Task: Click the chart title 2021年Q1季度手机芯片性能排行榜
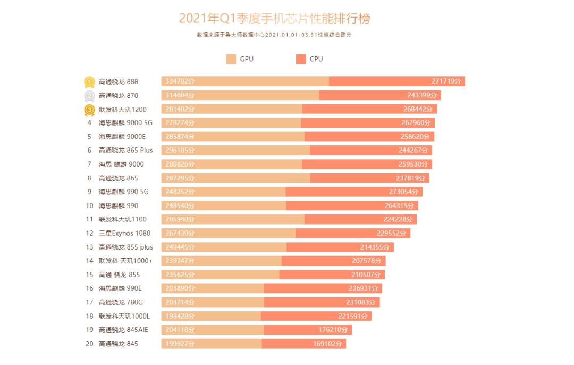click(274, 19)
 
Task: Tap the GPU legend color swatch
click(231, 59)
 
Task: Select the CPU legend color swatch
click(301, 59)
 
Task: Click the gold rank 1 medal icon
click(89, 82)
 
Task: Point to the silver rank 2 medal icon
click(89, 96)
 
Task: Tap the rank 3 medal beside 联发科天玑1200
click(89, 110)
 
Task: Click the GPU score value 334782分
click(180, 81)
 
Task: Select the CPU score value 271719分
click(447, 81)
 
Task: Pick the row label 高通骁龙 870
click(118, 96)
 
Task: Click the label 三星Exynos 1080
click(124, 233)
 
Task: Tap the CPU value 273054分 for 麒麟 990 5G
click(404, 192)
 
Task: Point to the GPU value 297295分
click(180, 178)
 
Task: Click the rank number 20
click(89, 344)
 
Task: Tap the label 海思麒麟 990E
click(120, 288)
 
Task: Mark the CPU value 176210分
click(333, 330)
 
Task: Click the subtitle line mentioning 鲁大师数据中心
click(274, 35)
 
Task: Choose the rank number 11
click(89, 219)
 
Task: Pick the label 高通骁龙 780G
click(121, 302)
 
